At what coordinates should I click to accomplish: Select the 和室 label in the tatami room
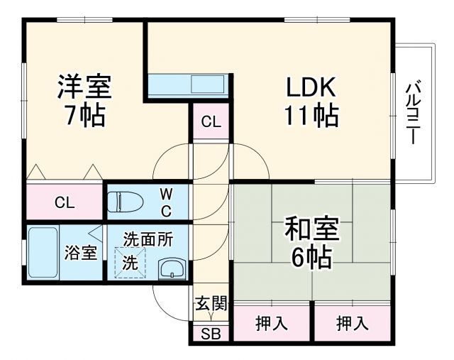click(311, 231)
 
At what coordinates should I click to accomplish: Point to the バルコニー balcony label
click(411, 114)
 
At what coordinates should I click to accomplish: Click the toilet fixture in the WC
click(125, 202)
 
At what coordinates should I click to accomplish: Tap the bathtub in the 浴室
click(43, 253)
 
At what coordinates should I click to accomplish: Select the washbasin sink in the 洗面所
click(171, 269)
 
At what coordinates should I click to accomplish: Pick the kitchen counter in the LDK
click(187, 84)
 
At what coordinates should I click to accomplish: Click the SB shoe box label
click(210, 335)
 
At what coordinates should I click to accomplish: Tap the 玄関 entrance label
click(210, 305)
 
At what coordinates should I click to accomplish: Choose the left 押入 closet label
click(272, 324)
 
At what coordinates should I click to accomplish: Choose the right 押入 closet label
click(353, 324)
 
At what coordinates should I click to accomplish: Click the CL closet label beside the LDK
click(210, 121)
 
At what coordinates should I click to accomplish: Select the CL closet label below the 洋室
click(65, 203)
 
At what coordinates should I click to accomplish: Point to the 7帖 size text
click(84, 116)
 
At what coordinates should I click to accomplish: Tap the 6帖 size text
click(311, 258)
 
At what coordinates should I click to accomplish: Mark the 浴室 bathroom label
click(81, 252)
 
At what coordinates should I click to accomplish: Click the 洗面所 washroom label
click(146, 239)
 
